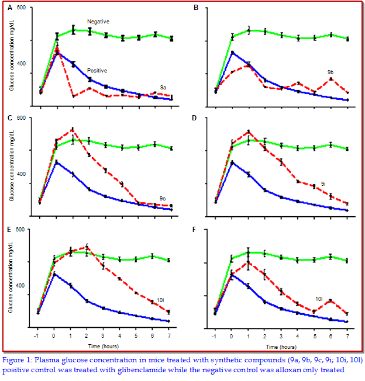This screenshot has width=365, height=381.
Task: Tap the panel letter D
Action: click(x=195, y=118)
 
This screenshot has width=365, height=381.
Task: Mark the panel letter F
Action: click(x=195, y=230)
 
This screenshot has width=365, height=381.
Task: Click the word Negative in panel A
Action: click(x=98, y=22)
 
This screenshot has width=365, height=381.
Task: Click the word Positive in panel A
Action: click(x=97, y=70)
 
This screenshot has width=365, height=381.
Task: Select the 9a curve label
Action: click(x=163, y=86)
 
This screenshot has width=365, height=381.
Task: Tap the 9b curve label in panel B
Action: click(x=330, y=72)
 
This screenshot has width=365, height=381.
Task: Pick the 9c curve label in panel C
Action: click(x=163, y=198)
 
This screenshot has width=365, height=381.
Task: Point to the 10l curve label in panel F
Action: click(x=320, y=298)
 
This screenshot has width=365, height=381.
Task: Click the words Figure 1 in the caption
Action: click(x=20, y=360)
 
